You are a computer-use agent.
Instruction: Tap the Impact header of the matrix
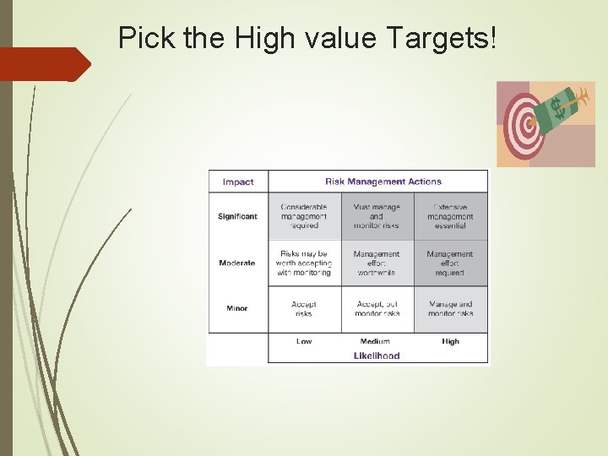(238, 182)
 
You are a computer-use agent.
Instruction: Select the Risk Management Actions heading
(383, 182)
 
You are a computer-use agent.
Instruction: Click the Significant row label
(237, 216)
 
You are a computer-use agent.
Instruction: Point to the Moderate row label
(237, 263)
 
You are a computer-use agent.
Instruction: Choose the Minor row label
(237, 308)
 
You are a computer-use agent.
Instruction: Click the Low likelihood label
(304, 341)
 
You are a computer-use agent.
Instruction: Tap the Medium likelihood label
(375, 341)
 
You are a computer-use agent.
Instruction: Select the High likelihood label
(450, 341)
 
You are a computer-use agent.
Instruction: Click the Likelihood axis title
(377, 356)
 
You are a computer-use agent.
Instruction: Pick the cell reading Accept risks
(304, 309)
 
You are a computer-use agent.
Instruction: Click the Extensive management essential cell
(450, 216)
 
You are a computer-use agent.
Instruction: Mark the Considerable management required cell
(304, 216)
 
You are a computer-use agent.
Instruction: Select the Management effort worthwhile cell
(377, 263)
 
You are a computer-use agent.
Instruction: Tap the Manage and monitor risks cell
(450, 309)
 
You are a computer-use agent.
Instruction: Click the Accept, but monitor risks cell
(377, 309)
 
